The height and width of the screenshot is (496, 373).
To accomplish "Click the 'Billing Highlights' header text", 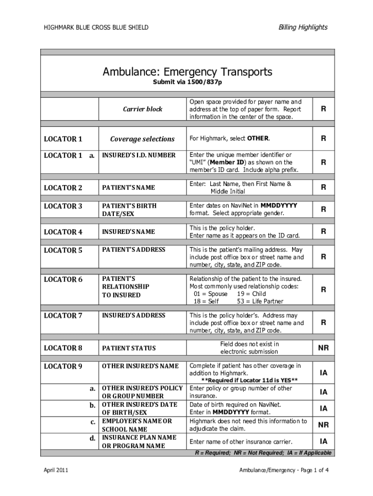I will [x=303, y=27].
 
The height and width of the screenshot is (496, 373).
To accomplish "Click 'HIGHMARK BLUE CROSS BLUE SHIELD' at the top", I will [x=96, y=28].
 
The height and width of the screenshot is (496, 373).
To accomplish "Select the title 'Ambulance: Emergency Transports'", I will [x=187, y=72].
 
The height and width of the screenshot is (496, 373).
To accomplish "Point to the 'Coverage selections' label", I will [x=142, y=139].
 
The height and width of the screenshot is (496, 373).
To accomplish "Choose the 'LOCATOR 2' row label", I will [x=63, y=187].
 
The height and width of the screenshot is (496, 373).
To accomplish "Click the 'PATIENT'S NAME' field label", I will [x=128, y=187].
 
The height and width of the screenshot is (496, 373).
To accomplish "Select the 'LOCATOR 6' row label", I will [x=63, y=279].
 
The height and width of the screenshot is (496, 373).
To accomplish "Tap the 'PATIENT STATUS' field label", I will [x=128, y=348].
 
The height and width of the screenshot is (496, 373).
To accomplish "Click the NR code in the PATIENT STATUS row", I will [x=323, y=348].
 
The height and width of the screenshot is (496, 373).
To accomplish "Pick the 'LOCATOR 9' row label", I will [x=63, y=366].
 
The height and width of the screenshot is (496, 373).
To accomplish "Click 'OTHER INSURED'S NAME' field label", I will [x=140, y=366].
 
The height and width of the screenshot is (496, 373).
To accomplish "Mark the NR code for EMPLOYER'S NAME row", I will [x=323, y=425].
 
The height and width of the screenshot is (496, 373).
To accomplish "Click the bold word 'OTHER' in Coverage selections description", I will [x=258, y=139].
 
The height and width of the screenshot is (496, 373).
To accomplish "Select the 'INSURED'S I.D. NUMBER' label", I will [x=138, y=155].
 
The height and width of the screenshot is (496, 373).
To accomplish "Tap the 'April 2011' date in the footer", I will [x=56, y=470].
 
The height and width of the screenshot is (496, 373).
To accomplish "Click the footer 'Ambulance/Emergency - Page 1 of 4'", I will [x=284, y=470].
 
